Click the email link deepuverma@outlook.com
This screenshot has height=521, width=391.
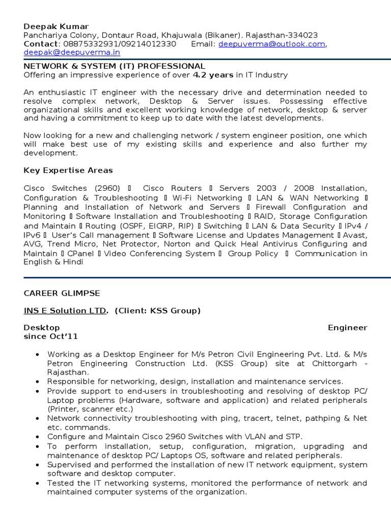[272, 44]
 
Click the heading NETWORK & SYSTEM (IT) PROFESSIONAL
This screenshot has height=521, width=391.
[115, 66]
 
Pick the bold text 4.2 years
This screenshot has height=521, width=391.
[212, 75]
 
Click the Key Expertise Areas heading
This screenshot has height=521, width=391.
[68, 170]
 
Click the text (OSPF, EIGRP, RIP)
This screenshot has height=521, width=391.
[148, 226]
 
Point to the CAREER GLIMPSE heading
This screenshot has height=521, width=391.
[62, 294]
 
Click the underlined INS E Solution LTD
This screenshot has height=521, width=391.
[66, 310]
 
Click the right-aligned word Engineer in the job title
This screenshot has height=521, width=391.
[347, 328]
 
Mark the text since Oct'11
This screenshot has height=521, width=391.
[51, 337]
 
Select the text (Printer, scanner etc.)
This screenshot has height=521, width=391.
[90, 409]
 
